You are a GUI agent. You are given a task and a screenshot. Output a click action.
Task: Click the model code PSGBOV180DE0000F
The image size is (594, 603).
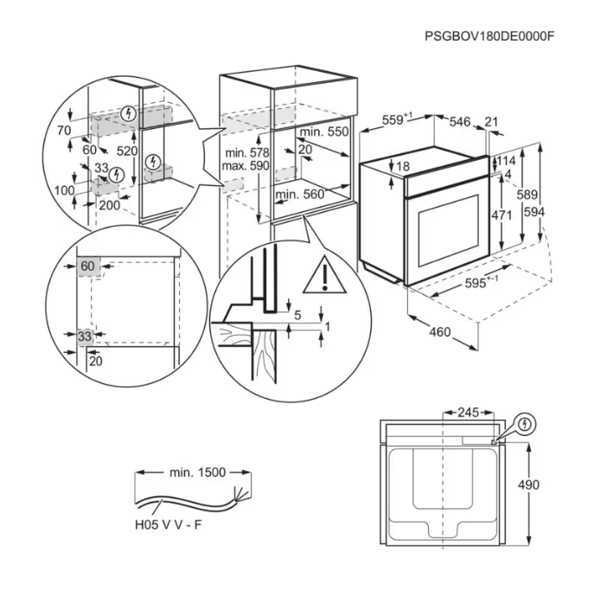(x=489, y=36)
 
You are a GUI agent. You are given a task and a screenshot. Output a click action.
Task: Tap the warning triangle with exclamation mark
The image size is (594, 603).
(x=324, y=274)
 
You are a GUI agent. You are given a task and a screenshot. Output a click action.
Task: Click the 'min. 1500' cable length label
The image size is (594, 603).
(x=197, y=472)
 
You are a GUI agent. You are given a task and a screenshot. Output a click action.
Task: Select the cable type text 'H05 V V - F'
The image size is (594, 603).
(x=169, y=524)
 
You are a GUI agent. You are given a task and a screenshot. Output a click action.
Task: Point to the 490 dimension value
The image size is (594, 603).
(x=528, y=485)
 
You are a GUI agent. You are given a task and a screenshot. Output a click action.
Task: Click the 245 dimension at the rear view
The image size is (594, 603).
(x=469, y=413)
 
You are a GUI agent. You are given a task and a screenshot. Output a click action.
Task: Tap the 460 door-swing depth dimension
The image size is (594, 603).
(x=439, y=332)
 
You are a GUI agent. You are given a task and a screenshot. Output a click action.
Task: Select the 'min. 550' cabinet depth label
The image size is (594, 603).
(x=324, y=132)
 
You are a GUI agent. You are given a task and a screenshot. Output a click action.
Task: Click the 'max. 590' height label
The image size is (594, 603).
(x=246, y=166)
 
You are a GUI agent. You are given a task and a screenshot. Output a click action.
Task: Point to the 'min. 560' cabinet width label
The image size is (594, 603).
(x=300, y=194)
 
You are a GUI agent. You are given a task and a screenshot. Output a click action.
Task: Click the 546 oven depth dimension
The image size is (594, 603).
(x=460, y=122)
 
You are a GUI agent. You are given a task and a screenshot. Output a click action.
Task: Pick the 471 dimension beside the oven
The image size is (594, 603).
(x=501, y=215)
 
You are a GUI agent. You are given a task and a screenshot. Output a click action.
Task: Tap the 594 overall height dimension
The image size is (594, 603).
(x=534, y=212)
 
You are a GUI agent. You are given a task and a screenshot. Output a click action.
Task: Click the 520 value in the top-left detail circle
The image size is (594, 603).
(x=127, y=151)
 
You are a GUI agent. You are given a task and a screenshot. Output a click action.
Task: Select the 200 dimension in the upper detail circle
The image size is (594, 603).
(x=110, y=205)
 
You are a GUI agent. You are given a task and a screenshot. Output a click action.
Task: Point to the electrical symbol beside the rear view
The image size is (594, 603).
(x=525, y=425)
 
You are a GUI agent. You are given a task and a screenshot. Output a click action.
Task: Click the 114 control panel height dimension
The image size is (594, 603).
(x=506, y=160)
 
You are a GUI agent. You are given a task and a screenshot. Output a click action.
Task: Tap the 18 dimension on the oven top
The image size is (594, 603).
(x=403, y=166)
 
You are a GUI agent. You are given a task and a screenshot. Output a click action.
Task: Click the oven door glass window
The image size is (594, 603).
(x=449, y=230)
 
